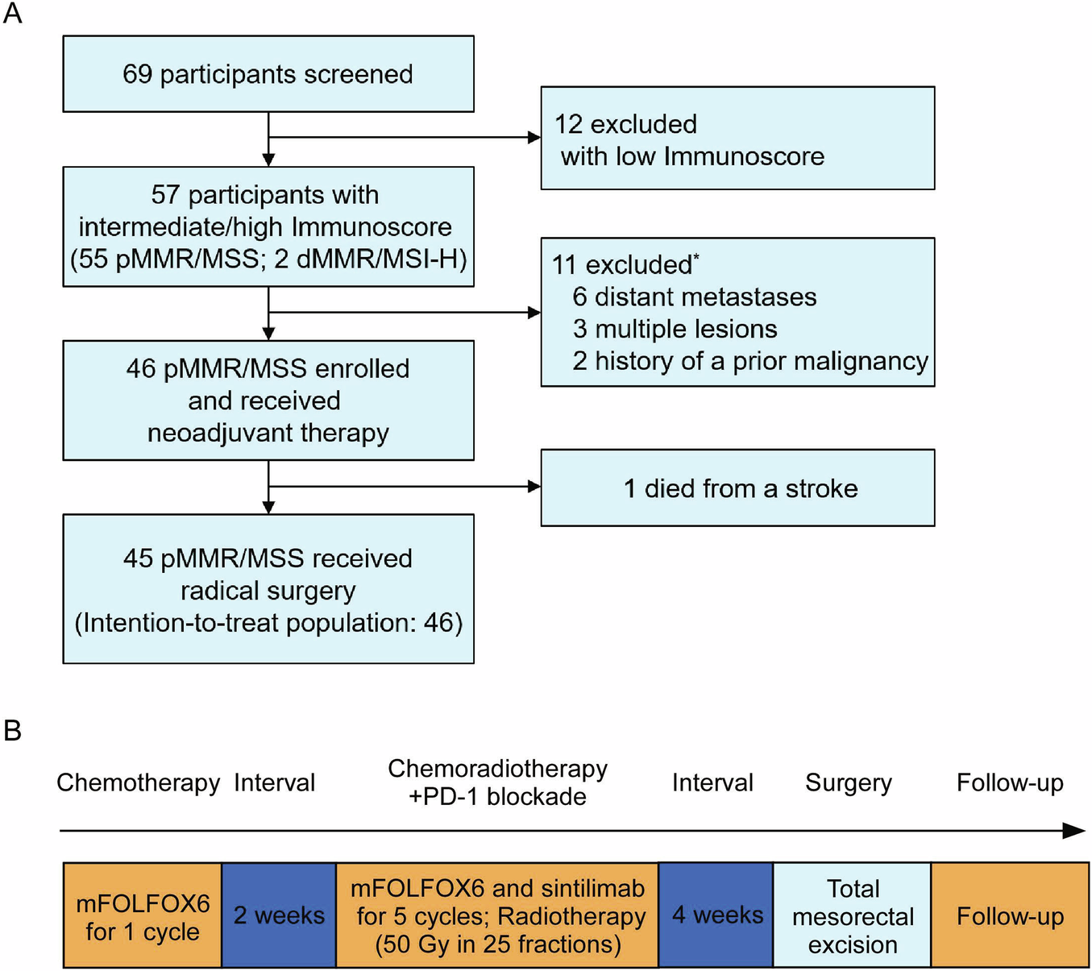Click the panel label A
pyautogui.click(x=13, y=14)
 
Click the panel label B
pyautogui.click(x=13, y=731)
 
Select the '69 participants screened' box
pyautogui.click(x=268, y=74)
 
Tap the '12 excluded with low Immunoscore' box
pyautogui.click(x=737, y=139)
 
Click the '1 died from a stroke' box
pyautogui.click(x=737, y=488)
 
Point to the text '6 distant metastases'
pyautogui.click(x=694, y=297)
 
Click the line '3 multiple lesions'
pyautogui.click(x=675, y=329)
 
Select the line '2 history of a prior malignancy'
pyautogui.click(x=749, y=361)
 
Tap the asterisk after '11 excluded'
pyautogui.click(x=696, y=257)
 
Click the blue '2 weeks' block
pyautogui.click(x=279, y=915)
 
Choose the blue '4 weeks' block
pyautogui.click(x=716, y=915)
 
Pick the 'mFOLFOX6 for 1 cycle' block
pyautogui.click(x=143, y=916)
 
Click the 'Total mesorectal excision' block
pyautogui.click(x=853, y=916)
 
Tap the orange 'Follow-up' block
pyautogui.click(x=1010, y=916)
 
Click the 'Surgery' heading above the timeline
pyautogui.click(x=849, y=782)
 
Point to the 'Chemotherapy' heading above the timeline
pyautogui.click(x=138, y=782)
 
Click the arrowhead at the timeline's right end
pyautogui.click(x=1075, y=831)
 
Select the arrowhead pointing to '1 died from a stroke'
pyautogui.click(x=534, y=486)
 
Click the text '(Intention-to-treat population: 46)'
pyautogui.click(x=268, y=623)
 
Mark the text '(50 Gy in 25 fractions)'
pyautogui.click(x=498, y=944)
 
